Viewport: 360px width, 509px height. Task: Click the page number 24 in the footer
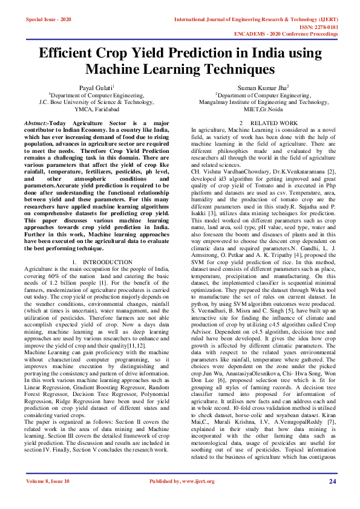click(x=332, y=481)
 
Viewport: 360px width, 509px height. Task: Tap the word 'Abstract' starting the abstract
click(x=36, y=123)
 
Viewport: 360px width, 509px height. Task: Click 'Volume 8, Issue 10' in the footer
click(x=48, y=481)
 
